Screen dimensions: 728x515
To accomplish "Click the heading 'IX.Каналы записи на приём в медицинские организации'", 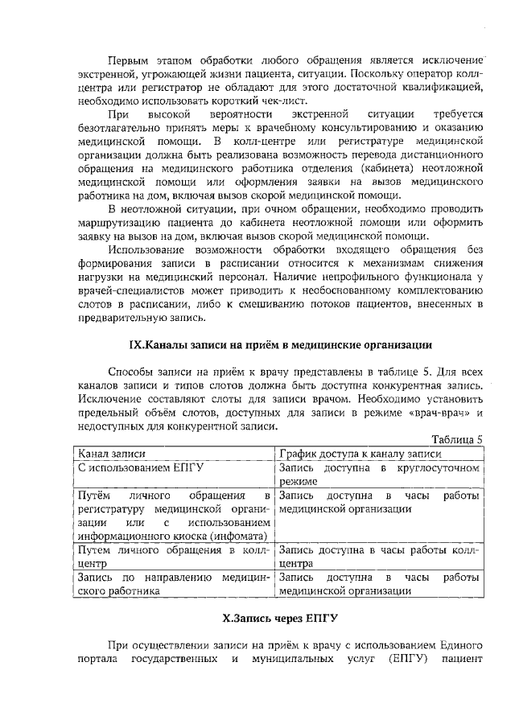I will pyautogui.click(x=281, y=345).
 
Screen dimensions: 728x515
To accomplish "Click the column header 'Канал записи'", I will pyautogui.click(x=109, y=453).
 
